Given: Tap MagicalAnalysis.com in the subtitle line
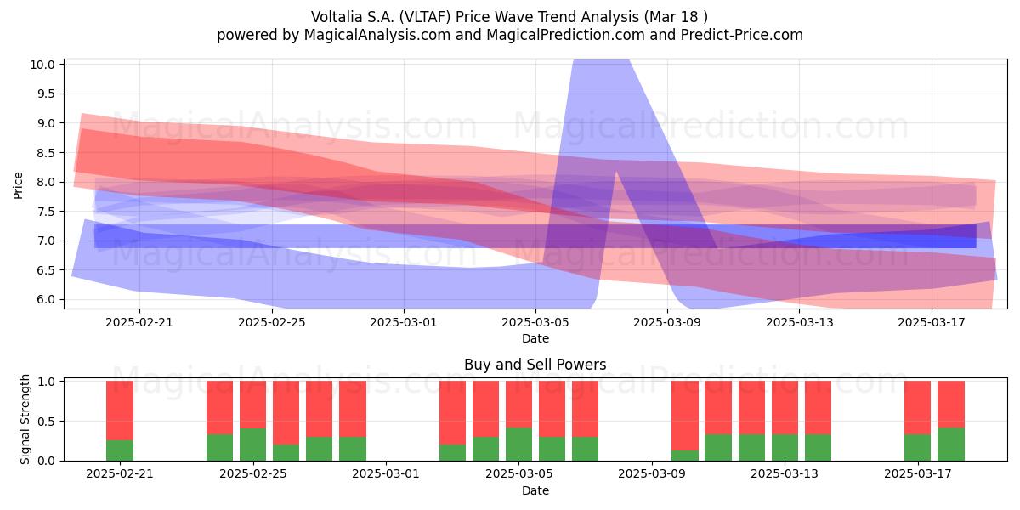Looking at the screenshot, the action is tap(377, 35).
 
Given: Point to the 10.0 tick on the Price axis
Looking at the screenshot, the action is tap(42, 65).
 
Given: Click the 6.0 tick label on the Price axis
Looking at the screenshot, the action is tap(46, 299).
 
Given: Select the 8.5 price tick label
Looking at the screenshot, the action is tap(46, 153).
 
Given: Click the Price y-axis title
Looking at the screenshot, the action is tap(18, 185).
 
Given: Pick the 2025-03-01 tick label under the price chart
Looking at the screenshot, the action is tap(404, 322).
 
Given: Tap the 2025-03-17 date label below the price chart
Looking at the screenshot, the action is tap(932, 322).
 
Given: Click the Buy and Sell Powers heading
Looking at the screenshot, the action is tap(535, 365).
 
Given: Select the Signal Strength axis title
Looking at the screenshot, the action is tap(25, 419).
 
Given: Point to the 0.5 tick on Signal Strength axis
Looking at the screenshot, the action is tap(46, 422).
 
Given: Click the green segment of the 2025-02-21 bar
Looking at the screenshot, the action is tap(120, 450).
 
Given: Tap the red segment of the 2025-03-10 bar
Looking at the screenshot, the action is tap(685, 416).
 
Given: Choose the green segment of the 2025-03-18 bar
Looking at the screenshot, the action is tap(951, 444).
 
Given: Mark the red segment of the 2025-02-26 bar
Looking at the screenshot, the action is tap(286, 413).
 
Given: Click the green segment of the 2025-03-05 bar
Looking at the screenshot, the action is tap(518, 444).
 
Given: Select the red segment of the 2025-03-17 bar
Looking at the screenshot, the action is tap(917, 408).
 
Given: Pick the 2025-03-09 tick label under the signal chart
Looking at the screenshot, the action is tap(652, 474).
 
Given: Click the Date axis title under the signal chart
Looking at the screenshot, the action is tap(535, 490).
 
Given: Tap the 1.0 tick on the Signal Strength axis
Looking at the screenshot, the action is tap(46, 382).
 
